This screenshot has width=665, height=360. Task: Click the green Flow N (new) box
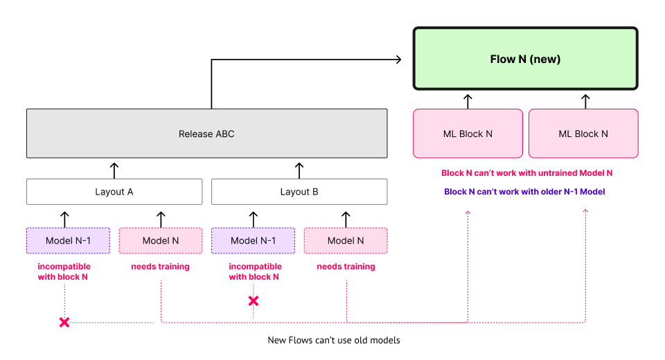click(x=525, y=59)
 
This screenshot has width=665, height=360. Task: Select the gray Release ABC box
click(x=206, y=134)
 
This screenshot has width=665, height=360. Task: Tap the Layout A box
click(x=114, y=192)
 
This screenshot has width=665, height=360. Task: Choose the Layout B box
click(x=299, y=192)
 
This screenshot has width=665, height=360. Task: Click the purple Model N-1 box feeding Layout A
click(x=68, y=241)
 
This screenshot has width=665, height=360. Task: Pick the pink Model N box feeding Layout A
click(x=161, y=241)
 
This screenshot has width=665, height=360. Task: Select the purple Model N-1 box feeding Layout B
click(x=253, y=241)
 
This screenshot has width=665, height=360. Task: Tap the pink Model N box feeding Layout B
click(x=346, y=241)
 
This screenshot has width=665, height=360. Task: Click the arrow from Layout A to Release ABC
click(x=114, y=169)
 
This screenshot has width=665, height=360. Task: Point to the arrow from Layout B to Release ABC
click(x=299, y=169)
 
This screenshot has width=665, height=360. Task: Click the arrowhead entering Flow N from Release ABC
click(x=398, y=60)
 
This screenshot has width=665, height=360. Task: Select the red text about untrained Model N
click(x=526, y=173)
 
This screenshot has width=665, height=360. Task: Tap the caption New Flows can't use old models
click(x=334, y=341)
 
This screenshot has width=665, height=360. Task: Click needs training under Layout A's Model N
click(x=161, y=267)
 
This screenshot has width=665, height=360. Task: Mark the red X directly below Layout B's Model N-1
click(x=254, y=301)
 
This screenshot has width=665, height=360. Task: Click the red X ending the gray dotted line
click(x=64, y=323)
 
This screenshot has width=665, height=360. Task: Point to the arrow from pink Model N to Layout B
click(x=346, y=219)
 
